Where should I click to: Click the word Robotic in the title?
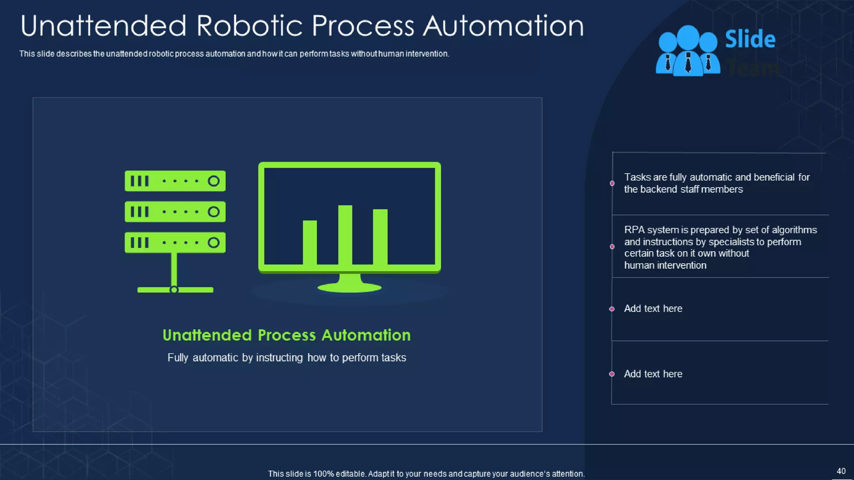(x=249, y=26)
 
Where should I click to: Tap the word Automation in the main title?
(x=503, y=26)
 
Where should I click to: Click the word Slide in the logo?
(x=750, y=40)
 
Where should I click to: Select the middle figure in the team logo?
(x=688, y=50)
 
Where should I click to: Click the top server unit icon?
(x=175, y=181)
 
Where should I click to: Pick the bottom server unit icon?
(x=175, y=242)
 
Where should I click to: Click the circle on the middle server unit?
(x=213, y=212)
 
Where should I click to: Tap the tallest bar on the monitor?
(x=345, y=235)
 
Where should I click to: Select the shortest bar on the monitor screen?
(x=310, y=242)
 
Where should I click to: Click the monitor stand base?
(x=349, y=287)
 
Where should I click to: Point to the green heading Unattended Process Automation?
(x=286, y=335)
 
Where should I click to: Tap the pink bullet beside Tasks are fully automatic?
(x=612, y=183)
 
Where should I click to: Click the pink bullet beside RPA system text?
(x=612, y=247)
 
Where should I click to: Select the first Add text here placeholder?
(x=653, y=309)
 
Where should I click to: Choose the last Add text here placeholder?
(x=653, y=374)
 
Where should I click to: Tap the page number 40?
(x=841, y=471)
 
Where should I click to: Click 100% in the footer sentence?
(x=323, y=474)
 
